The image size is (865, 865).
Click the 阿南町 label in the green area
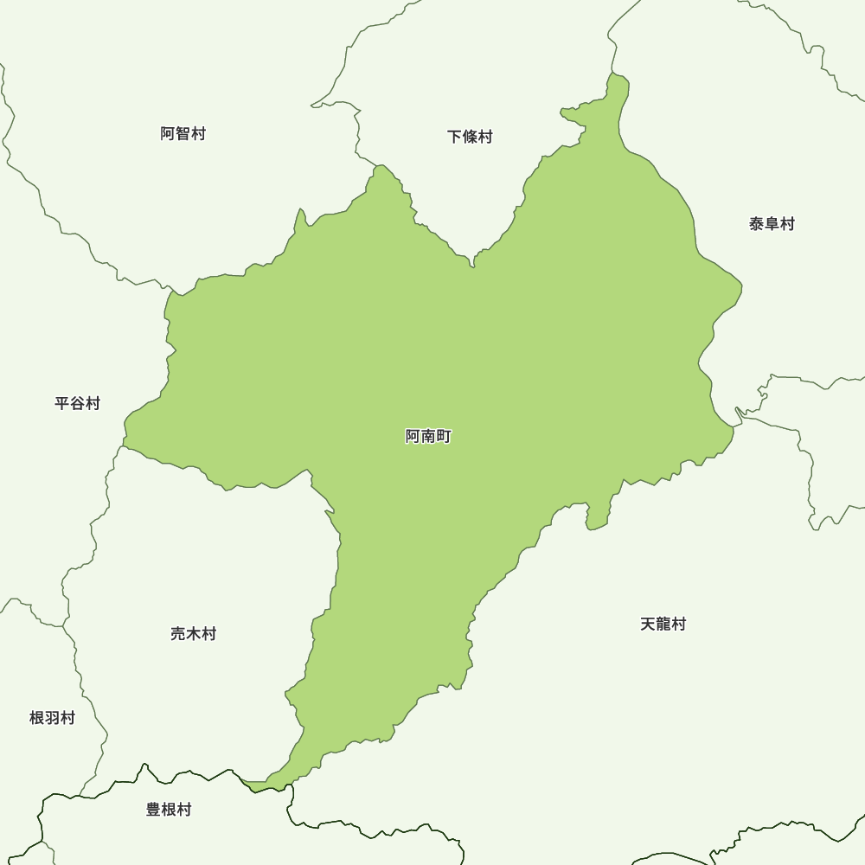pyautogui.click(x=428, y=437)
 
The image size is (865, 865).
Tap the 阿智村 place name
pyautogui.click(x=183, y=134)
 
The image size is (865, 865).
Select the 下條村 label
pyautogui.click(x=470, y=137)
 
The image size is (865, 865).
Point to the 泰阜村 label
pyautogui.click(x=772, y=224)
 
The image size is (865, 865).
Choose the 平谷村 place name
pyautogui.click(x=78, y=403)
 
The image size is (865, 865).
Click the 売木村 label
pyautogui.click(x=193, y=634)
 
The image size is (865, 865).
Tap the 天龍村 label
pyautogui.click(x=663, y=625)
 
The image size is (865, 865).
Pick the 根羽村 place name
pyautogui.click(x=53, y=718)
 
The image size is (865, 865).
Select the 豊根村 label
pyautogui.click(x=169, y=810)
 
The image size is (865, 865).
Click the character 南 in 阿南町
pyautogui.click(x=428, y=437)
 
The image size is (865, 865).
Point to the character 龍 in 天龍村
pyautogui.click(x=663, y=625)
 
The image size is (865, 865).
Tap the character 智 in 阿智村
pyautogui.click(x=183, y=134)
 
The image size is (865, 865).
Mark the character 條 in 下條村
pyautogui.click(x=470, y=137)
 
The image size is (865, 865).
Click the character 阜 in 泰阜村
pyautogui.click(x=772, y=224)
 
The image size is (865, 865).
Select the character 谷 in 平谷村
pyautogui.click(x=78, y=403)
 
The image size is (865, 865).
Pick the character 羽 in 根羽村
pyautogui.click(x=53, y=718)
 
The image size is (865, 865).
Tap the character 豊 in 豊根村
pyautogui.click(x=154, y=810)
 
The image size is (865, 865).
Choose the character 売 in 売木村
pyautogui.click(x=178, y=634)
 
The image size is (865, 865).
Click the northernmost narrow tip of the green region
pyautogui.click(x=618, y=80)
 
